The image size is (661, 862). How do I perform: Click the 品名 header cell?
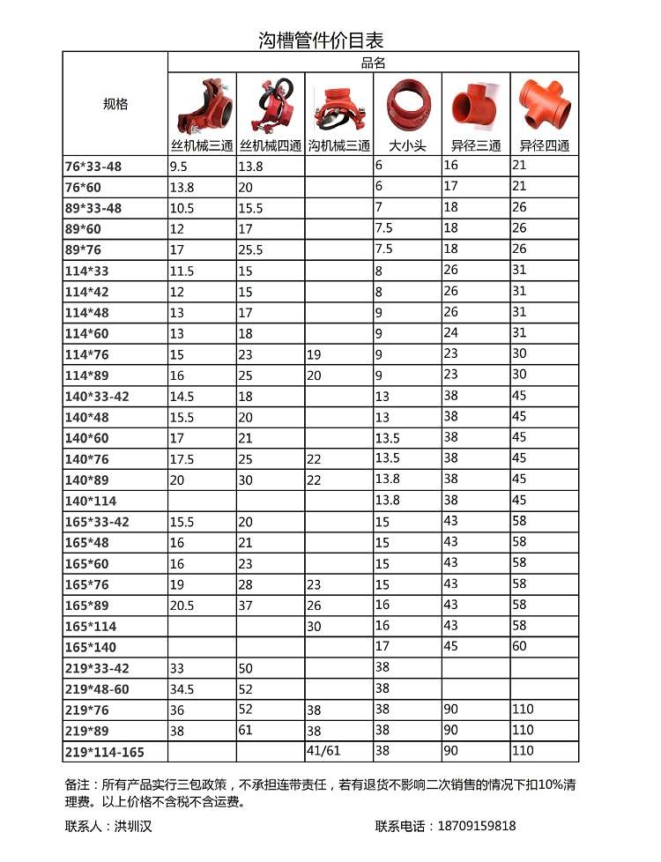point(373,63)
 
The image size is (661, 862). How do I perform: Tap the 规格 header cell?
point(115,104)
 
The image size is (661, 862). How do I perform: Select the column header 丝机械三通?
point(202,145)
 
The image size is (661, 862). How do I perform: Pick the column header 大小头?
point(407,145)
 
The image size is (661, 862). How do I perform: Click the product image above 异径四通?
point(544,104)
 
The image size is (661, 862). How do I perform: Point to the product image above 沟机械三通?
point(338,107)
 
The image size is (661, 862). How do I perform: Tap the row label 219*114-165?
point(104,752)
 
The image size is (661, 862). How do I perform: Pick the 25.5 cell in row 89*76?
point(250,250)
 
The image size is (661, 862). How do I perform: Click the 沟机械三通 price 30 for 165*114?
point(314,625)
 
